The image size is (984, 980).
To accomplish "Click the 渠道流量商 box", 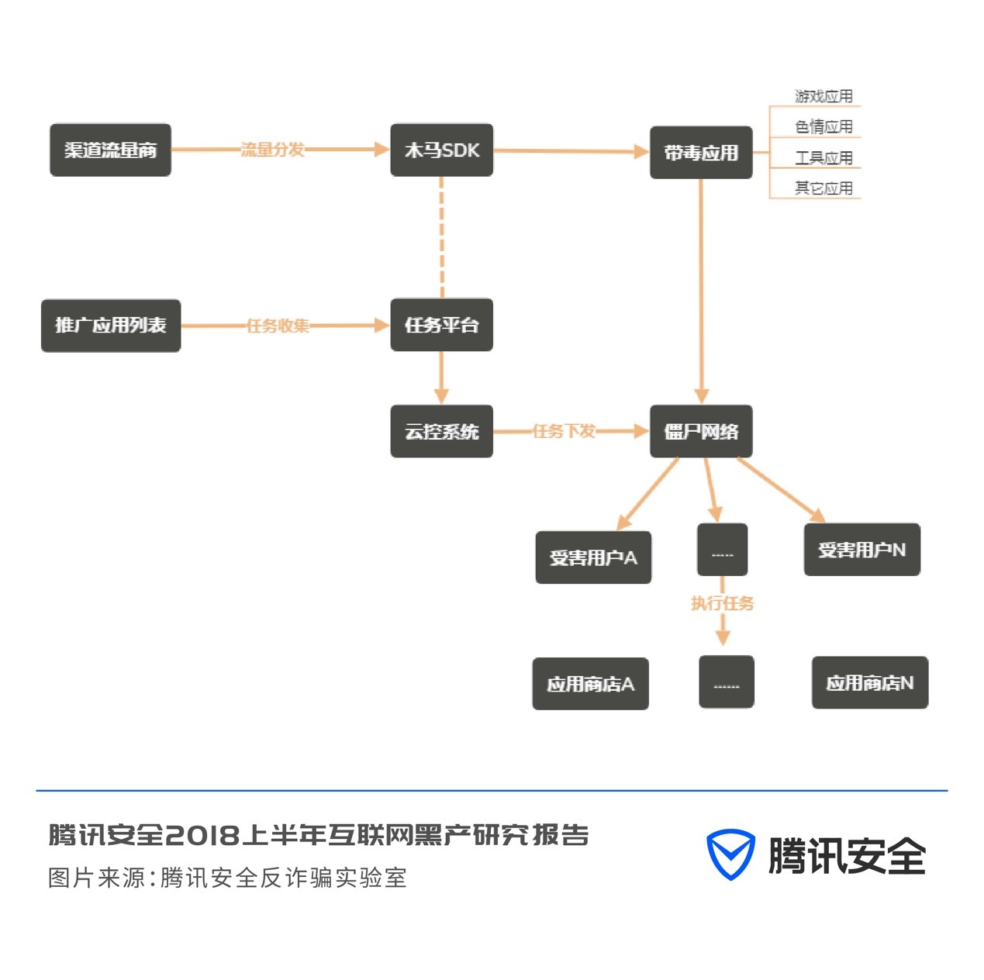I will coord(110,150).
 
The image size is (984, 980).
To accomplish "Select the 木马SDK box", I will coord(441,150).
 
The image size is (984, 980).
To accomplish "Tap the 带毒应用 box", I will coord(701,153).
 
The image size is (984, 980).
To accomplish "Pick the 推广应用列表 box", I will coord(111,326).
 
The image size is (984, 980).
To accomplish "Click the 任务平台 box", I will coord(441,325).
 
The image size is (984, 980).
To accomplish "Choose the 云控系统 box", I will coord(441,431).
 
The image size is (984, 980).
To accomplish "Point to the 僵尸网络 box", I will coord(701,431).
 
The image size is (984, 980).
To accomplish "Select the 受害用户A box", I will coord(593,557).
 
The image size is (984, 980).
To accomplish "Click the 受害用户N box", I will coord(861,550).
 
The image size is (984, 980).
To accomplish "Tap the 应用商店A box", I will coord(590,684).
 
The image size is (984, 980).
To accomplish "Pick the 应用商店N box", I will coord(869,682).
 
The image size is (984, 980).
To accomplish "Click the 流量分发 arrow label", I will coord(272,150).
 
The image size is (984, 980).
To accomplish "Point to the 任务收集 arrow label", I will coord(278,326).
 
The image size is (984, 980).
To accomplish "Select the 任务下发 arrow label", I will coord(564,431).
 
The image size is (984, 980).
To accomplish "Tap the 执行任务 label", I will coord(722,603).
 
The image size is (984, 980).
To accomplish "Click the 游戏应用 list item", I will coord(823,96).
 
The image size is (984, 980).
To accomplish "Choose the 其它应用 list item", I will coord(823,188).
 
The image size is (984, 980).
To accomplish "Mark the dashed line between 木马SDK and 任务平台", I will coord(442,236).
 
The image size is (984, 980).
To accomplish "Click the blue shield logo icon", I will coord(730,854).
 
